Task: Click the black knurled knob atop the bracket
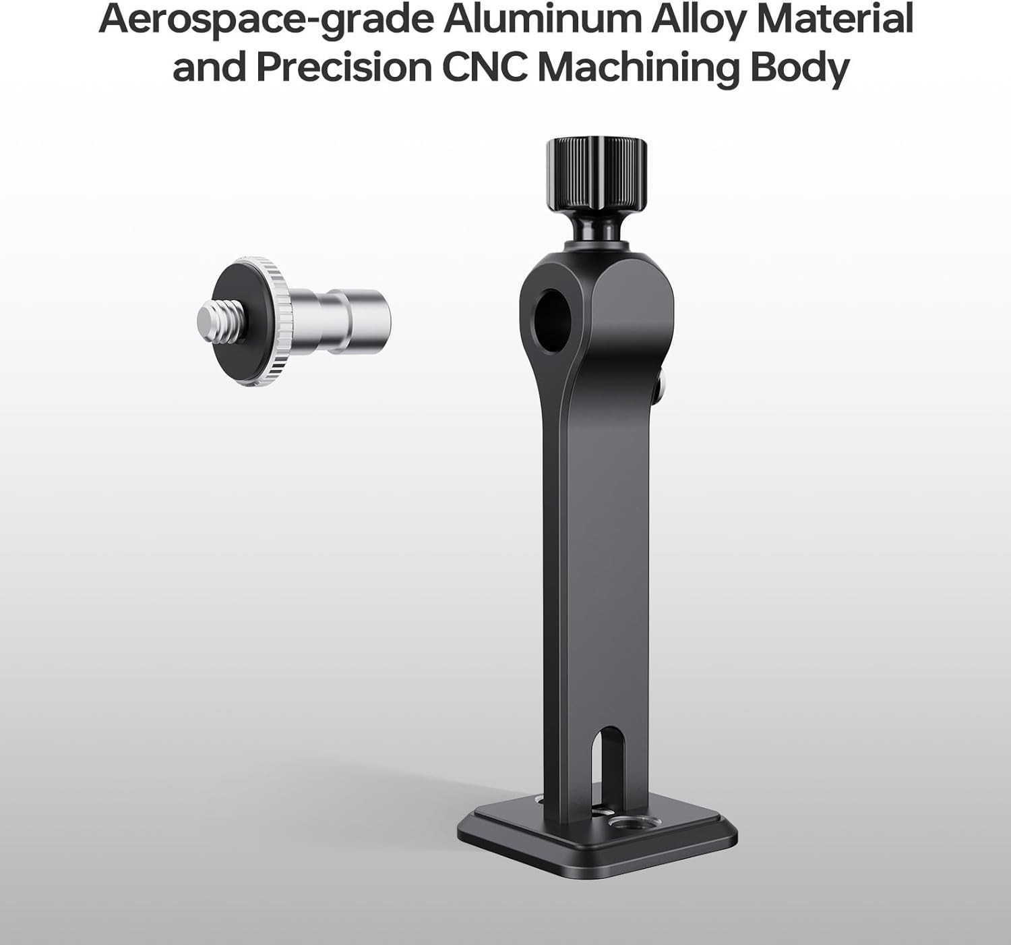click(596, 176)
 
